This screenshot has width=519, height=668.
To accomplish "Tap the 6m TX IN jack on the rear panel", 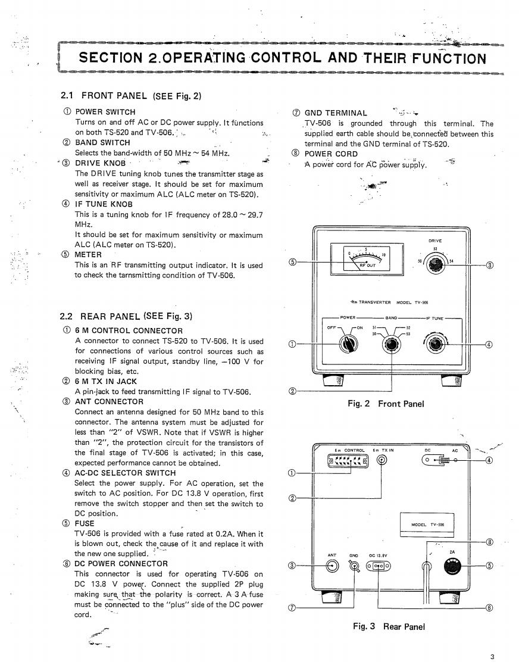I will coord(383,460).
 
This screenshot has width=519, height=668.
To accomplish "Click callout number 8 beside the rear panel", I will coord(490,542).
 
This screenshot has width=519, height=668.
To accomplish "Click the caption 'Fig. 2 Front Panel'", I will coord(386,404).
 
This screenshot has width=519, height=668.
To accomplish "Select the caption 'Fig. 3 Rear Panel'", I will coord(389,626).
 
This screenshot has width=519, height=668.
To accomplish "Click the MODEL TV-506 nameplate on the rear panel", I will coord(429,525).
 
